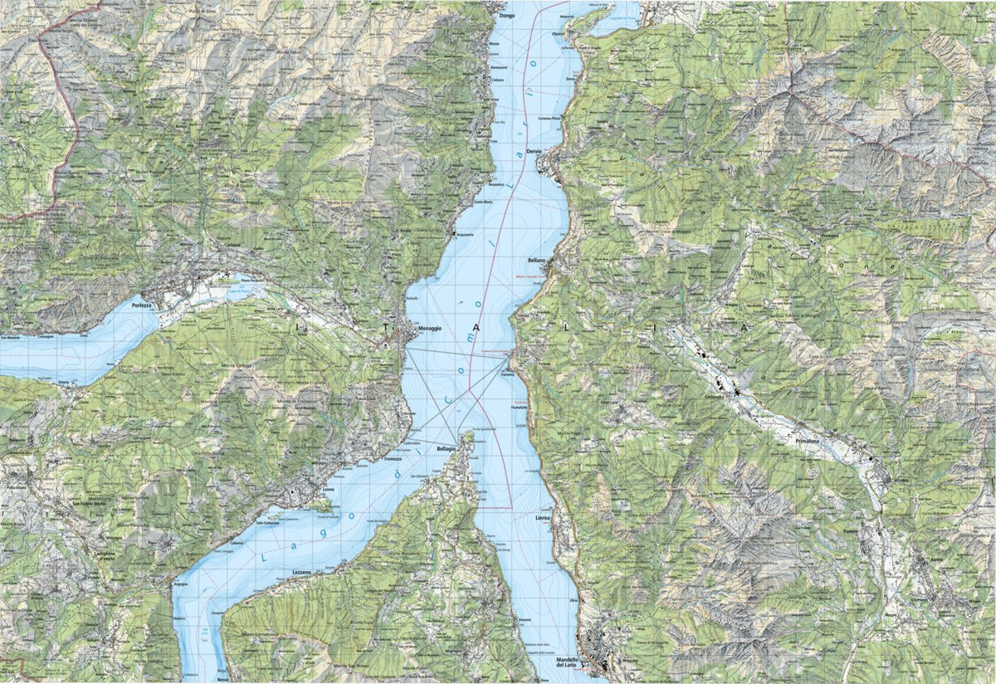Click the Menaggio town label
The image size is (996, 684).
(x=430, y=329)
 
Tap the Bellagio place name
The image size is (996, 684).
(x=448, y=448)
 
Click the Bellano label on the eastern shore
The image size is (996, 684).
(x=535, y=260)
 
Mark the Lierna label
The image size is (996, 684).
(x=544, y=517)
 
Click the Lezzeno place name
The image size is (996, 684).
(x=301, y=574)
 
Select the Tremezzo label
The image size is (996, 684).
(x=393, y=458)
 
